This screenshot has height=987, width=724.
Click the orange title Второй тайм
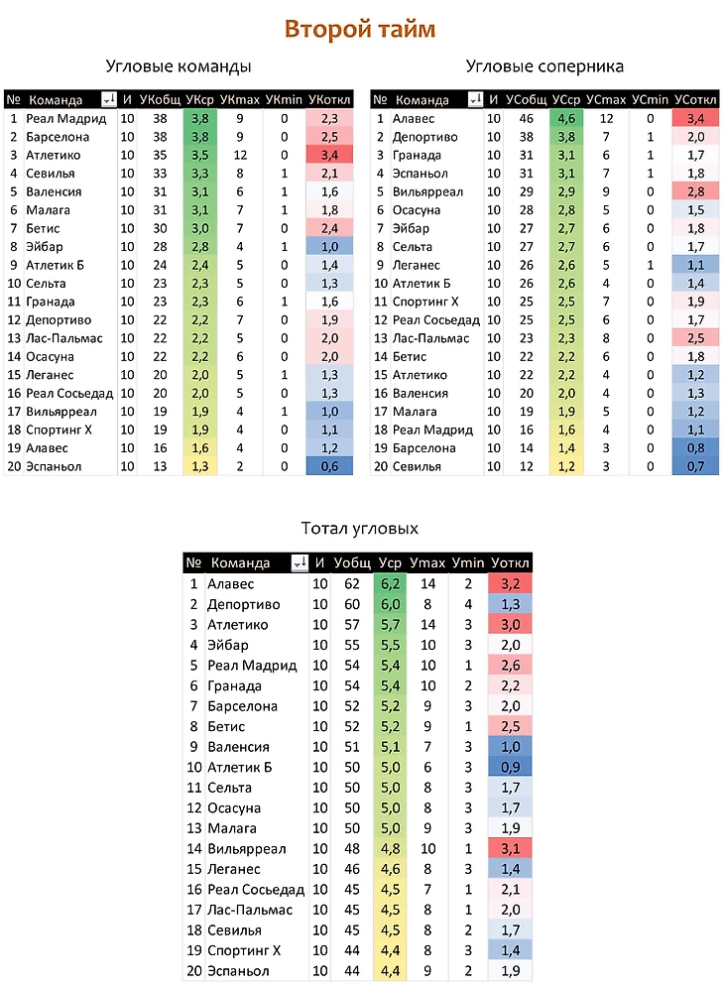tap(360, 29)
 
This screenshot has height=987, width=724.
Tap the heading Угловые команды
tap(179, 66)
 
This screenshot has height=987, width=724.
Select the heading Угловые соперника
tap(544, 66)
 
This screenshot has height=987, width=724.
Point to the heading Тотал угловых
tap(359, 529)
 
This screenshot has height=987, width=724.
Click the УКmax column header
tap(239, 99)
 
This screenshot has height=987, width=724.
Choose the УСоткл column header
tap(695, 99)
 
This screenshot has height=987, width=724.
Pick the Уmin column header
tap(467, 563)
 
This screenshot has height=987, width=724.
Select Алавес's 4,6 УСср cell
tap(566, 118)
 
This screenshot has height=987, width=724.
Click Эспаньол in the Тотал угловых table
tap(238, 971)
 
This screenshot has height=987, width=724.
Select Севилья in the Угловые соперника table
tap(418, 466)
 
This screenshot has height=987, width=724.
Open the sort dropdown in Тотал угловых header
tap(299, 563)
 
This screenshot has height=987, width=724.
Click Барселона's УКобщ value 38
tap(159, 137)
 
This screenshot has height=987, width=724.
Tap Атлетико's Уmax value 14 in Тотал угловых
tap(428, 625)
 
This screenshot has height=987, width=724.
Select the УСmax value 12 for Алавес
tap(607, 118)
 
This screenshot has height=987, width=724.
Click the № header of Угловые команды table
tap(13, 99)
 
